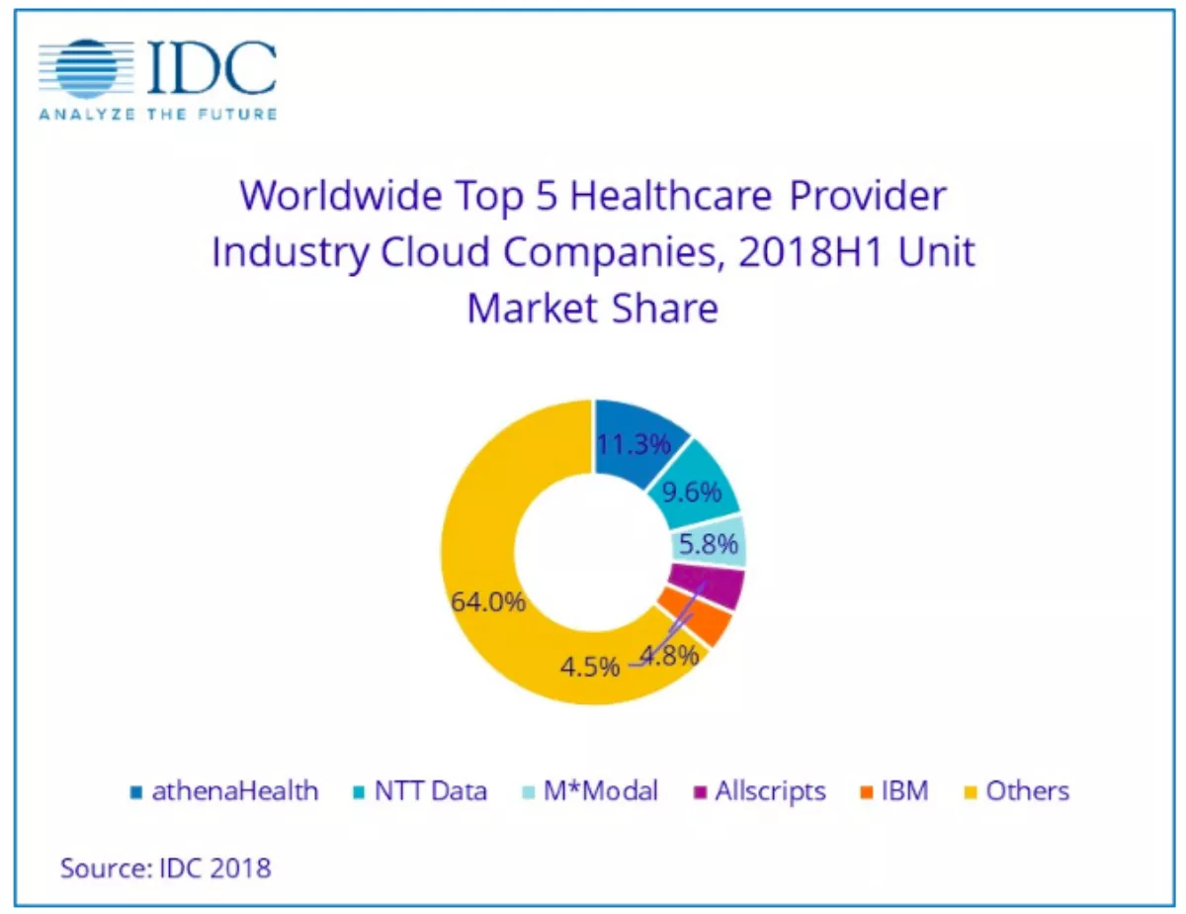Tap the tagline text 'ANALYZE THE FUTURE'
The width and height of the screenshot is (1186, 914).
(x=158, y=114)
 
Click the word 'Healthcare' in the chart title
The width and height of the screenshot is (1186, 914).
(x=672, y=195)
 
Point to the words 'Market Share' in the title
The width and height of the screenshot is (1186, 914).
(x=592, y=309)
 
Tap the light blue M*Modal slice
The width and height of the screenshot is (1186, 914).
(x=710, y=544)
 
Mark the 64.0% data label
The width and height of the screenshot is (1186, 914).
(x=488, y=601)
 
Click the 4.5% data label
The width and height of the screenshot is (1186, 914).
(x=590, y=665)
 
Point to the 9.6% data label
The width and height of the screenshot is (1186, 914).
(x=692, y=492)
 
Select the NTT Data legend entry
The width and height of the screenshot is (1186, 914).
(x=419, y=791)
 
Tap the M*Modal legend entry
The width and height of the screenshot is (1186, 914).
(x=590, y=791)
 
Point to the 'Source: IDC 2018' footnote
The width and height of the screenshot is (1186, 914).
(x=165, y=868)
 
